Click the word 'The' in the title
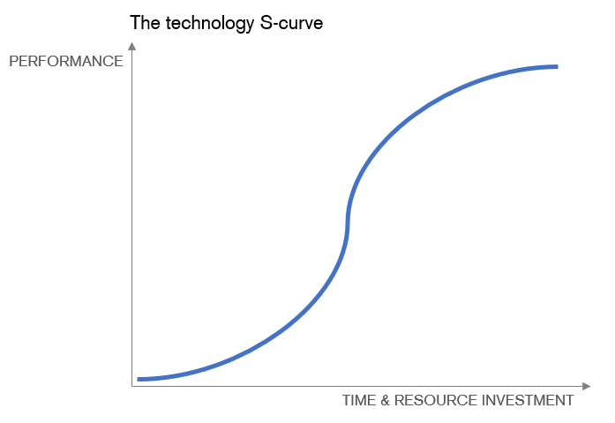point(145,23)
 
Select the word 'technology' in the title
point(210,25)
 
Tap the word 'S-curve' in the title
point(291,23)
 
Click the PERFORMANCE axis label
point(66,61)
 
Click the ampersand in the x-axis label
point(385,400)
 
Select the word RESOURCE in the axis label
point(435,400)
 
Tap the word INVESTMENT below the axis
point(528,400)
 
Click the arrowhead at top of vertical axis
point(132,46)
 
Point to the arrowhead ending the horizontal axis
point(587,387)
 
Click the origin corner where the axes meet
point(132,387)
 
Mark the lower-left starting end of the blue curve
point(138,380)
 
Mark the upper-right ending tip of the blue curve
point(558,67)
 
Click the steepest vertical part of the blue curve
point(348,223)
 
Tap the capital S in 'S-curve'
point(266,23)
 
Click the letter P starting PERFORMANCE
point(13,61)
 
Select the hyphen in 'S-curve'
point(276,25)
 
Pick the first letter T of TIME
point(347,400)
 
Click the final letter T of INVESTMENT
point(569,400)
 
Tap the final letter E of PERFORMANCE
point(118,61)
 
